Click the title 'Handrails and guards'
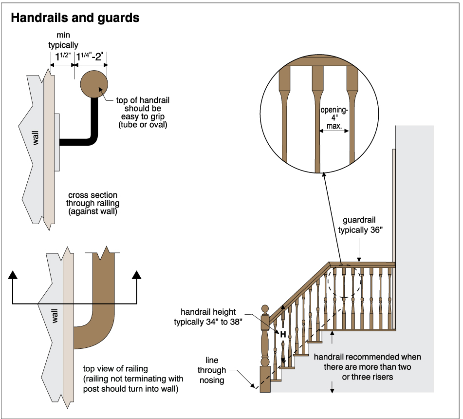point(75,18)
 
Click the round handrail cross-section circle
point(94,84)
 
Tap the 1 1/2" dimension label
point(61,57)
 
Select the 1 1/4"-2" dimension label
point(91,57)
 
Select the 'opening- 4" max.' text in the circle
point(334,118)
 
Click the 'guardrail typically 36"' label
point(360,226)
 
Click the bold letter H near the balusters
point(282,334)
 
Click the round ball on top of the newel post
point(265,309)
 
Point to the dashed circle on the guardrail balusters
point(344,282)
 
